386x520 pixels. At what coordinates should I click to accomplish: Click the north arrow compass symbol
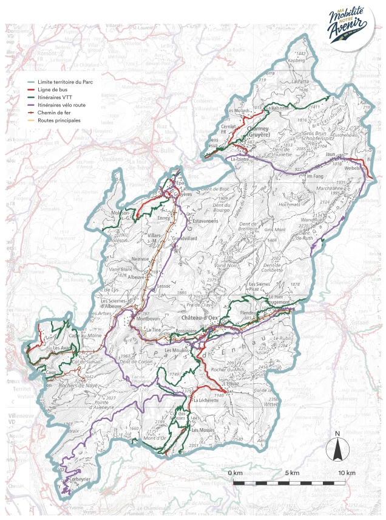click(x=336, y=448)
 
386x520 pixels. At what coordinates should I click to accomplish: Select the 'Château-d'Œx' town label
click(x=200, y=317)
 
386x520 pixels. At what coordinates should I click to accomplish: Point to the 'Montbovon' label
click(x=148, y=319)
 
